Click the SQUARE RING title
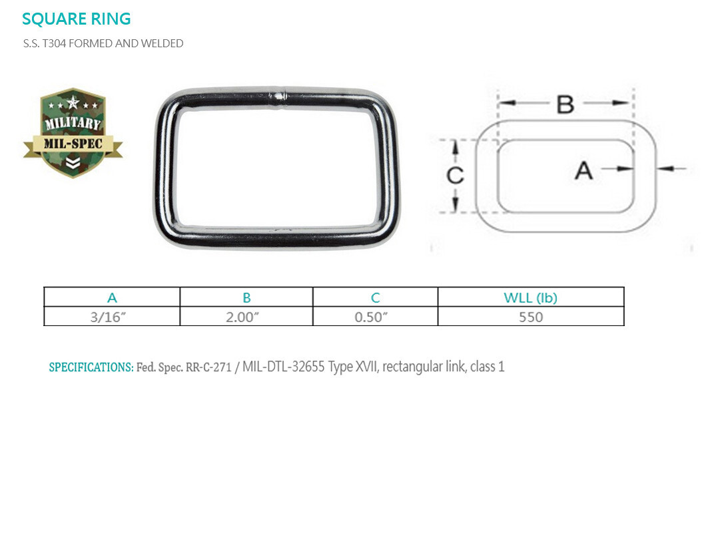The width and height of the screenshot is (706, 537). [x=76, y=19]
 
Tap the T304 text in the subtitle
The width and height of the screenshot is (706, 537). [x=54, y=43]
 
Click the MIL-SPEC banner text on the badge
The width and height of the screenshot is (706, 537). [x=73, y=144]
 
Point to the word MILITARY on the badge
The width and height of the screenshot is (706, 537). [x=73, y=122]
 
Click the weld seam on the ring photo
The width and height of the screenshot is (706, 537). [x=279, y=96]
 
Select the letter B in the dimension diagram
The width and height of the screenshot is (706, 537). [x=565, y=104]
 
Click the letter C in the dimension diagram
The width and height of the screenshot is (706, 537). [x=455, y=175]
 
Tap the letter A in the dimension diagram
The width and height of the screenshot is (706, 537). [x=583, y=170]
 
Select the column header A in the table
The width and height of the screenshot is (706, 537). [x=112, y=297]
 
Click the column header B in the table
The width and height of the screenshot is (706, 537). [x=246, y=297]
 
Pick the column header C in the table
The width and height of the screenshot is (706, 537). [x=376, y=297]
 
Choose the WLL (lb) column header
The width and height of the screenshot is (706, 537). [x=530, y=297]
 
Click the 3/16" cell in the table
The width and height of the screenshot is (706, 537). [x=108, y=317]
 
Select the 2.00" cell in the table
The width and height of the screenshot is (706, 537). [x=242, y=317]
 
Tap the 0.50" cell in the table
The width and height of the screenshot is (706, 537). [x=371, y=317]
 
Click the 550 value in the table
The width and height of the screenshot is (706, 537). [x=531, y=317]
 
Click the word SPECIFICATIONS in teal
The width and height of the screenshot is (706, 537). [x=91, y=367]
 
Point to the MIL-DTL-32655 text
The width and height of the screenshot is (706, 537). [x=284, y=367]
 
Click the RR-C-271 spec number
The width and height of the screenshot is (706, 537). [x=208, y=367]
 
